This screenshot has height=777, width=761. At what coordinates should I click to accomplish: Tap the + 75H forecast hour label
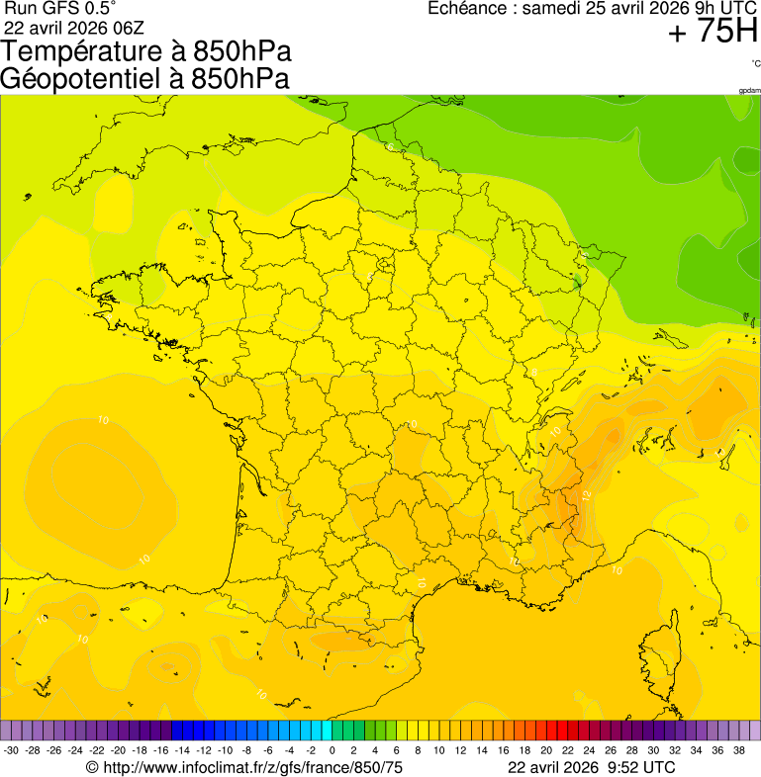pos(713,33)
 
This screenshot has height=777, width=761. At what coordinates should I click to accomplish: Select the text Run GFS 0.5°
pos(61,8)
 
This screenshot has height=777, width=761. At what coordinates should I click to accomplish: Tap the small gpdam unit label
pos(749,90)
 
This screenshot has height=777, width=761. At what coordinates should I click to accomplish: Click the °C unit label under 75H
pos(755,63)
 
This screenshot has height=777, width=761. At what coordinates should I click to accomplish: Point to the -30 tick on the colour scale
pos(12,750)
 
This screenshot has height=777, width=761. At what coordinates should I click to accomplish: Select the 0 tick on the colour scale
pos(332,750)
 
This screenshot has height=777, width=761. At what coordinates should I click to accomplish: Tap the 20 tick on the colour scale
pos(545,750)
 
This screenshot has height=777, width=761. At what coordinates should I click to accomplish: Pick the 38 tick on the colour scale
pos(738,750)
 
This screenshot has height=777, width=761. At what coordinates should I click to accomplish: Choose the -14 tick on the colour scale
pos(182,750)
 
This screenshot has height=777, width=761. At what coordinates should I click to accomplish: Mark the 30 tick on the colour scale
pos(652,750)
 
